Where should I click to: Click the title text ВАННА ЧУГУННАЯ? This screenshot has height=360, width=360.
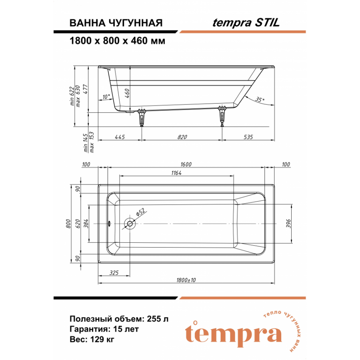[116, 23]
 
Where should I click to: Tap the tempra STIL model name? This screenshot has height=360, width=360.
[246, 23]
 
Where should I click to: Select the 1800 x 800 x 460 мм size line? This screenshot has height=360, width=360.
[117, 41]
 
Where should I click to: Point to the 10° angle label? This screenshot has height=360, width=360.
[106, 97]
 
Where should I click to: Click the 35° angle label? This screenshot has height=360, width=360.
[260, 100]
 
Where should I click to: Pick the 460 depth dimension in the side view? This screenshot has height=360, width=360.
[128, 93]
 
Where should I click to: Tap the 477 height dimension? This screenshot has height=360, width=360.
[85, 89]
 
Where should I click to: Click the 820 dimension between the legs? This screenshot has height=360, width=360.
[182, 137]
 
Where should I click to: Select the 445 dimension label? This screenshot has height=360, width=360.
[120, 137]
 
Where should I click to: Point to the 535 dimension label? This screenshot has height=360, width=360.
[248, 137]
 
